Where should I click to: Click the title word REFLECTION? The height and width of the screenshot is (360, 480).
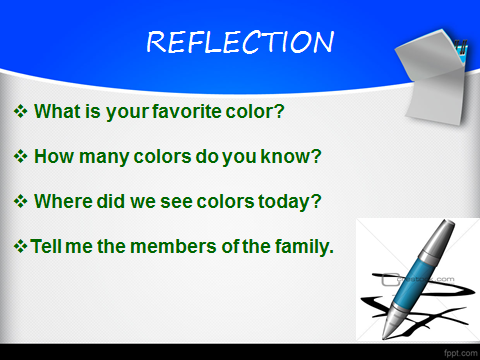(x=240, y=42)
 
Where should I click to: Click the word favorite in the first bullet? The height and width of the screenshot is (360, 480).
(x=187, y=111)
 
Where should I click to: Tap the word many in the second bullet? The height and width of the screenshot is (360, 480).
(x=104, y=157)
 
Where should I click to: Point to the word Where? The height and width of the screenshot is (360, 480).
(x=63, y=201)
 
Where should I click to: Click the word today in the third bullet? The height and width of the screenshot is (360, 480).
(x=284, y=202)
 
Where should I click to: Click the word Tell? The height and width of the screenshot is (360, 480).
(x=46, y=246)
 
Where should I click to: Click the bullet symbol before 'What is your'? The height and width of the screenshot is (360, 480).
(x=20, y=111)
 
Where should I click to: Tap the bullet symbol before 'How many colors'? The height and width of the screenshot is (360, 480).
(x=20, y=156)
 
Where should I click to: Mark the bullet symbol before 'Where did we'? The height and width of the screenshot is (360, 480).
(x=20, y=201)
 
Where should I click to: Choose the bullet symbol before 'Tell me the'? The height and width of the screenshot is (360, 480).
(x=20, y=246)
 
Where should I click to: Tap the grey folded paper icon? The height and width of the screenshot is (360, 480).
(x=433, y=77)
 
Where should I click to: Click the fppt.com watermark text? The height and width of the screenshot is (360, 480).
(x=460, y=353)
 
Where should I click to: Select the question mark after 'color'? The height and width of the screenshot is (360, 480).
(x=280, y=111)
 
